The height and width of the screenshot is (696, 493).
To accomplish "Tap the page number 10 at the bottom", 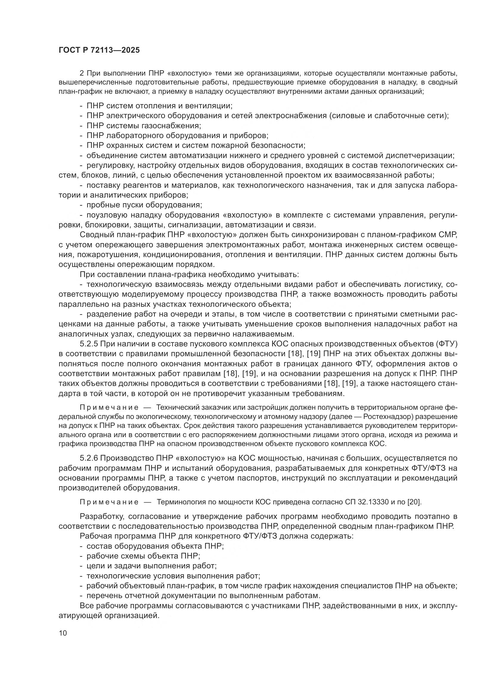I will [x=63, y=633].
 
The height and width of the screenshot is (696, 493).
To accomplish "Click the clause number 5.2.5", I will [x=89, y=344].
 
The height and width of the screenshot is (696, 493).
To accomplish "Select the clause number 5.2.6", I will [x=89, y=458].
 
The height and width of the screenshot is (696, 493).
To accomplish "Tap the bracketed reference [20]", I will [x=414, y=502].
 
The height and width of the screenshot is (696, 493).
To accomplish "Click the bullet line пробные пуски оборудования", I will [x=144, y=205].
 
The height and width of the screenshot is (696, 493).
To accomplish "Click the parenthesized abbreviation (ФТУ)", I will [x=446, y=344].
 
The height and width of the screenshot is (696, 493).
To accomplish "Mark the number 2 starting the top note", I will [x=81, y=73].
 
